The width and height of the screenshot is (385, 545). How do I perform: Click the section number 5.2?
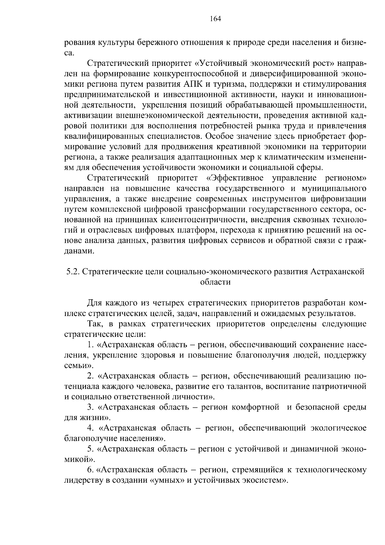tap(73, 272)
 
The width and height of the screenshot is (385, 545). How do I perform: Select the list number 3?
tap(90, 408)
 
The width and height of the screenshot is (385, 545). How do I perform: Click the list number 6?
tap(90, 470)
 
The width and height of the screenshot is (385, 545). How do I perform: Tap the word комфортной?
tap(255, 408)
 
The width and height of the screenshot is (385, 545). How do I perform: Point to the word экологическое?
tap(339, 428)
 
